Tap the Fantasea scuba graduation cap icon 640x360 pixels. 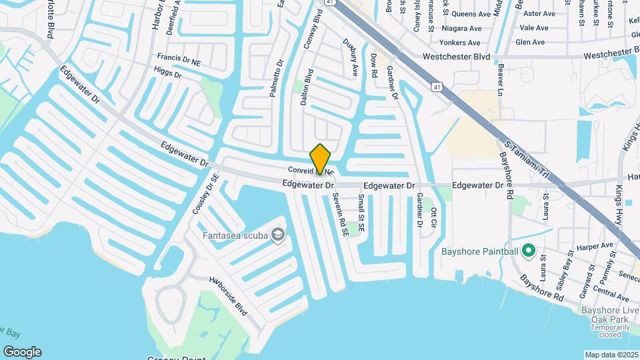[278, 235]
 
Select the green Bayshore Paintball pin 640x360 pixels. [529, 251]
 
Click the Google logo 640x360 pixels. [21, 352]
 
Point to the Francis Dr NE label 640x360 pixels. [178, 60]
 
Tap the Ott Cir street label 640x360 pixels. [434, 219]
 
